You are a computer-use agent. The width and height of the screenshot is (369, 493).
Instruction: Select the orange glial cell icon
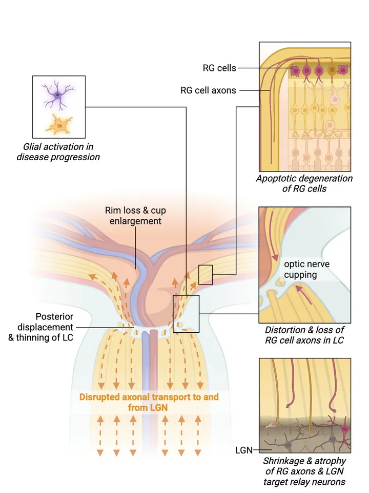[59, 124]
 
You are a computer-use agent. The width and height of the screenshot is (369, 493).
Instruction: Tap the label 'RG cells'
[219, 68]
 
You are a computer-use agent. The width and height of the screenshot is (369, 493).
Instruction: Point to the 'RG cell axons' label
[208, 90]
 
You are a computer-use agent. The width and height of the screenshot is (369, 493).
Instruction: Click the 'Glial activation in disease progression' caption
[58, 152]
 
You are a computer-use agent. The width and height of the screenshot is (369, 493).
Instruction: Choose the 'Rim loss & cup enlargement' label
[135, 216]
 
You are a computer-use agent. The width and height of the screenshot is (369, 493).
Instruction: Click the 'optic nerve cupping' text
[306, 269]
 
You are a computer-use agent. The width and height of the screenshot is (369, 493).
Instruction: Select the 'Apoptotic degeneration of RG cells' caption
[305, 183]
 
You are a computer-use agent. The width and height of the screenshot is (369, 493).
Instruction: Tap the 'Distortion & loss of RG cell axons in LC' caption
[304, 334]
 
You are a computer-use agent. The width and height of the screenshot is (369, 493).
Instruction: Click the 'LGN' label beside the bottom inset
[244, 450]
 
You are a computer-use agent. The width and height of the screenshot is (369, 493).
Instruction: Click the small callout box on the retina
[205, 274]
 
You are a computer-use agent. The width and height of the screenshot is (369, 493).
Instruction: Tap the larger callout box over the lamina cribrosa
[186, 314]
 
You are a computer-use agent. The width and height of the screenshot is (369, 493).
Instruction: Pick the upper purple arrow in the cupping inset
[275, 248]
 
